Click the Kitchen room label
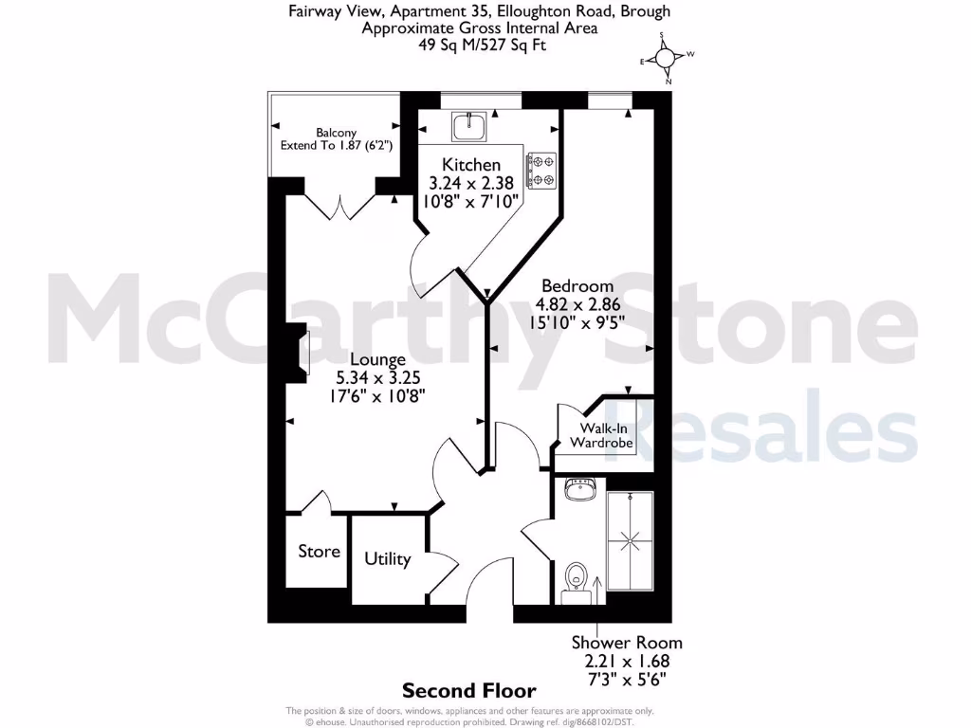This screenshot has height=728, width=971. (x=471, y=165)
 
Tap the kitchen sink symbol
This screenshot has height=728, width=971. (x=468, y=125)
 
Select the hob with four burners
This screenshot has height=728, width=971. (x=541, y=171)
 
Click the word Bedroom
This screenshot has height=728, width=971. (x=577, y=285)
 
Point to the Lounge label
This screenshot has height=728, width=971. (x=377, y=359)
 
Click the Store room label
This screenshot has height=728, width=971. (x=319, y=552)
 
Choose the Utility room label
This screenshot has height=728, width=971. (x=388, y=559)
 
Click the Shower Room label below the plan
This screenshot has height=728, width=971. (x=626, y=642)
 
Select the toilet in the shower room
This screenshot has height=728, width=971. (x=576, y=577)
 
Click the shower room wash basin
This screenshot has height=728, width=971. (x=578, y=490)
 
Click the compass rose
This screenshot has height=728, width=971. (x=667, y=59)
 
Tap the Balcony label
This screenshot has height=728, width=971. (x=336, y=133)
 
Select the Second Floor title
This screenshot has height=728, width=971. (x=468, y=691)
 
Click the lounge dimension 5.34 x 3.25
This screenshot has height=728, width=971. (x=377, y=377)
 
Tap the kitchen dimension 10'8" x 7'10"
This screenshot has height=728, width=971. (x=471, y=201)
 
